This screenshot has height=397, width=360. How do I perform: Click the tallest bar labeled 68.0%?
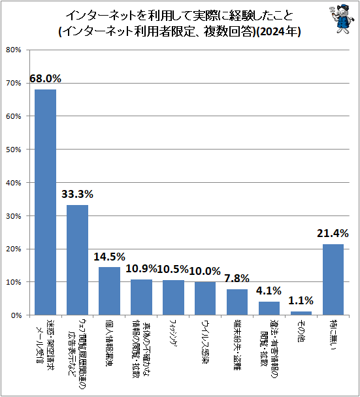point(45,202)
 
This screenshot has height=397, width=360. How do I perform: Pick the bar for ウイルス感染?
point(205,298)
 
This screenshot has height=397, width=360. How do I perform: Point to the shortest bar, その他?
point(301,313)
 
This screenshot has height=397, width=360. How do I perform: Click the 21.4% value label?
point(333,234)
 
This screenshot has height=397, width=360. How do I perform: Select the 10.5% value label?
point(173,269)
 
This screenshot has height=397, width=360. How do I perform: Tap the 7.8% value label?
point(237,278)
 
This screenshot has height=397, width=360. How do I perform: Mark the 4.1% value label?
point(269,291)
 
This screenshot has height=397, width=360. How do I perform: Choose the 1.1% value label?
point(301,300)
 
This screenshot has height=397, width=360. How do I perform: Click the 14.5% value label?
point(109,257)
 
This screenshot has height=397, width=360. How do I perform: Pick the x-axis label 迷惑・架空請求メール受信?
point(46,346)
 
